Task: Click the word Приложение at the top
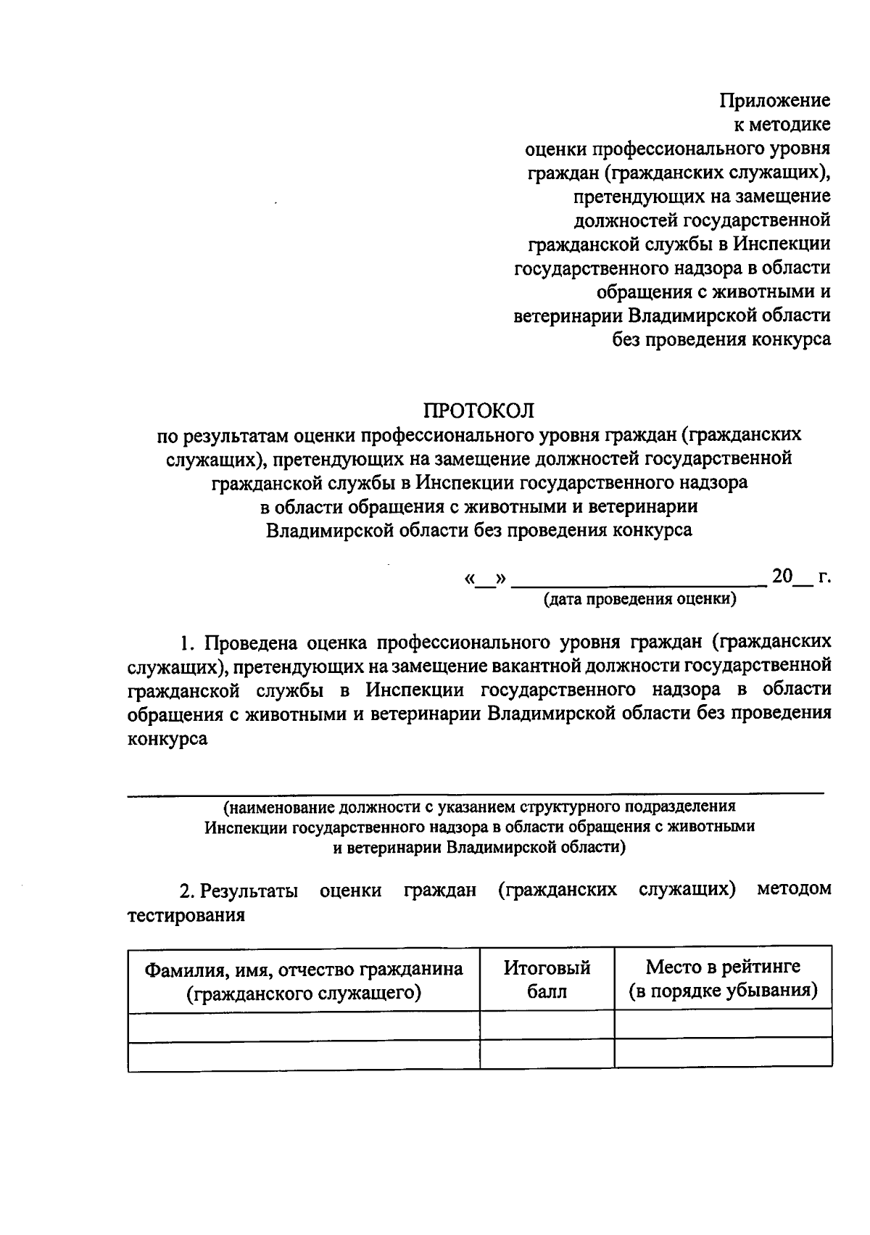click(774, 100)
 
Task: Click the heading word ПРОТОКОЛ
click(478, 410)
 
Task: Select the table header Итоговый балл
click(547, 979)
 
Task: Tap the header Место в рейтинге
click(723, 967)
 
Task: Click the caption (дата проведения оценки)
click(640, 599)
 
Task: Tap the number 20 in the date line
click(782, 577)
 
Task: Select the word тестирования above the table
click(186, 915)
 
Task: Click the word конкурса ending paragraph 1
click(167, 739)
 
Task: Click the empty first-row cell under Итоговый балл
click(547, 1025)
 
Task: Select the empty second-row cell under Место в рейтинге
click(723, 1052)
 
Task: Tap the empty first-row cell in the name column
click(304, 1025)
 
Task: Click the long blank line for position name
click(476, 794)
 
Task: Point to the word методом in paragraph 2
click(794, 889)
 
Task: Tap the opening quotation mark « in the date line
click(469, 579)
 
